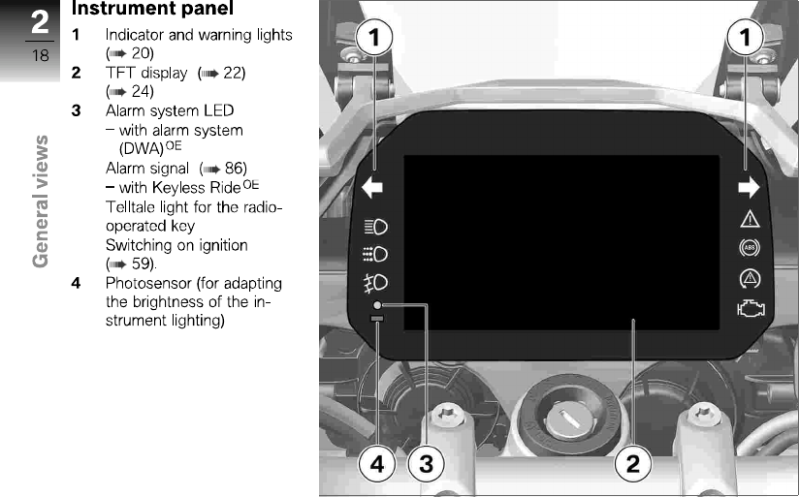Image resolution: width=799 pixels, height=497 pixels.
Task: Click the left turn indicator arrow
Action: pyautogui.click(x=372, y=188)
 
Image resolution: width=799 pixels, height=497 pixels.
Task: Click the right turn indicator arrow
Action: pyautogui.click(x=749, y=188)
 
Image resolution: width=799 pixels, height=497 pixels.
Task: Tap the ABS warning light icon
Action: pyautogui.click(x=750, y=247)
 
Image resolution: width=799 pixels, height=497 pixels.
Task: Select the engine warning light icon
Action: pyautogui.click(x=750, y=309)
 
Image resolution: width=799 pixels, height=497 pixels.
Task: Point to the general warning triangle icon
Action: pyautogui.click(x=750, y=218)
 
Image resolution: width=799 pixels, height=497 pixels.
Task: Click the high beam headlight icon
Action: pyautogui.click(x=375, y=228)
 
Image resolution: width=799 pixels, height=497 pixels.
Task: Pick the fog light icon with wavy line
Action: pyautogui.click(x=375, y=282)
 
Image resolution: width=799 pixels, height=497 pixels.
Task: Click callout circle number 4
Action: pyautogui.click(x=377, y=464)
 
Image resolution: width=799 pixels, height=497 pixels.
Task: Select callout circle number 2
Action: pyautogui.click(x=632, y=464)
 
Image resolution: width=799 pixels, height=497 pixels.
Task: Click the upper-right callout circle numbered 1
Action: pyautogui.click(x=746, y=40)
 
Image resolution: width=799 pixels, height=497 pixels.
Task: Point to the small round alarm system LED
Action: pyautogui.click(x=376, y=305)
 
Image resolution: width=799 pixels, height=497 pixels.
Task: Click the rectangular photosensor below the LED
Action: pyautogui.click(x=376, y=318)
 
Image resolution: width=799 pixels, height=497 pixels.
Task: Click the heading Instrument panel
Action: pyautogui.click(x=152, y=10)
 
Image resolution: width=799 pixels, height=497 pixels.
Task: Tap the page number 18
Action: pyautogui.click(x=40, y=55)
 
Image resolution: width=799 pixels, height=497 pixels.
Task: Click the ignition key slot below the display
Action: pyautogui.click(x=564, y=419)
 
